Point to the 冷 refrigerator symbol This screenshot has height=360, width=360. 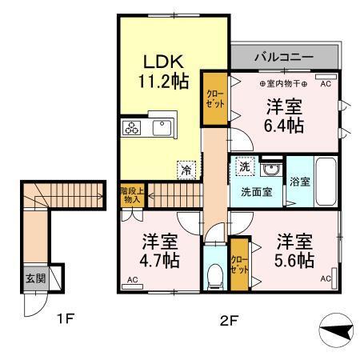(x=186, y=170)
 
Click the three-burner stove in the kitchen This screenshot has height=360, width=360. (x=131, y=128)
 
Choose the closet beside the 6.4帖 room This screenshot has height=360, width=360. (x=214, y=98)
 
